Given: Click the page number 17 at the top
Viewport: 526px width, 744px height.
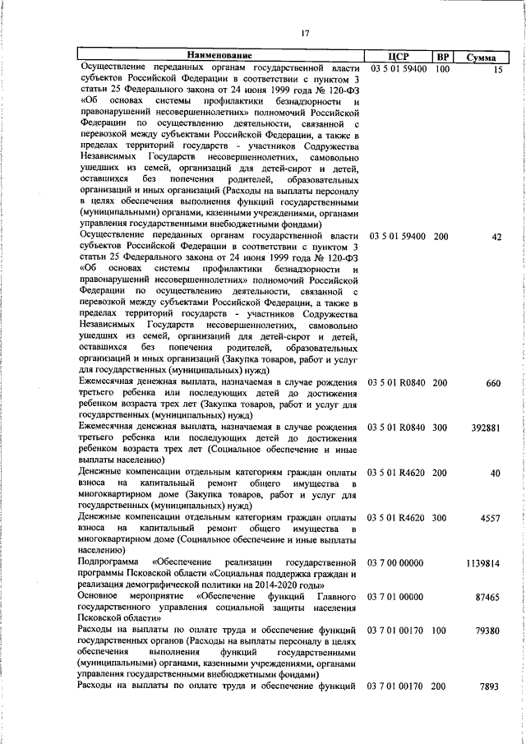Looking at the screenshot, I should pyautogui.click(x=305, y=33).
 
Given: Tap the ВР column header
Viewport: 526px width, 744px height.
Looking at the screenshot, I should pyautogui.click(x=442, y=57).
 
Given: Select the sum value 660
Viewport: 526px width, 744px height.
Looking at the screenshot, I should pyautogui.click(x=493, y=384).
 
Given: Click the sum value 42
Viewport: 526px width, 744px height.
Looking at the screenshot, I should pyautogui.click(x=496, y=237).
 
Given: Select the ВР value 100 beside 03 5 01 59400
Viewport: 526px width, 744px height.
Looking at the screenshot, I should pyautogui.click(x=441, y=69).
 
